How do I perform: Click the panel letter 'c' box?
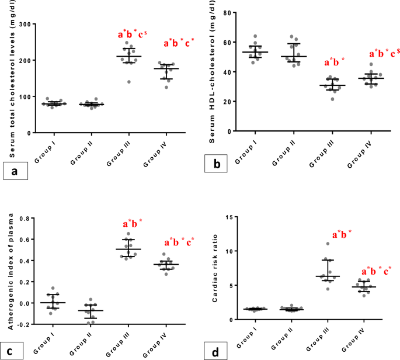click(x=13, y=352)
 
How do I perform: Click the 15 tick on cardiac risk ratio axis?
click(x=231, y=217)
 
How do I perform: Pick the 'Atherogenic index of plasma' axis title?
click(x=8, y=272)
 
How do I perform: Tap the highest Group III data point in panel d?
click(x=328, y=244)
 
